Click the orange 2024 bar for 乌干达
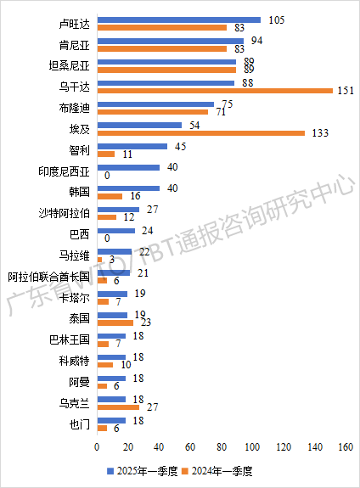[215, 90]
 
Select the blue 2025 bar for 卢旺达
[179, 19]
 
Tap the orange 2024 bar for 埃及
[200, 132]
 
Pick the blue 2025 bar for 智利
[132, 146]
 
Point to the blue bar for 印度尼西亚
[128, 167]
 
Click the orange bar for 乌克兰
[118, 407]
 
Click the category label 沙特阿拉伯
[65, 213]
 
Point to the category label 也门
[82, 424]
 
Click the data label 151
[344, 90]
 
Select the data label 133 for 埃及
[319, 132]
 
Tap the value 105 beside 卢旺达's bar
[275, 19]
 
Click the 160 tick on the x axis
[346, 447]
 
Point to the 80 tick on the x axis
[222, 447]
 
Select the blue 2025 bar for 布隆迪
[155, 104]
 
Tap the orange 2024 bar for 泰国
[115, 323]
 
